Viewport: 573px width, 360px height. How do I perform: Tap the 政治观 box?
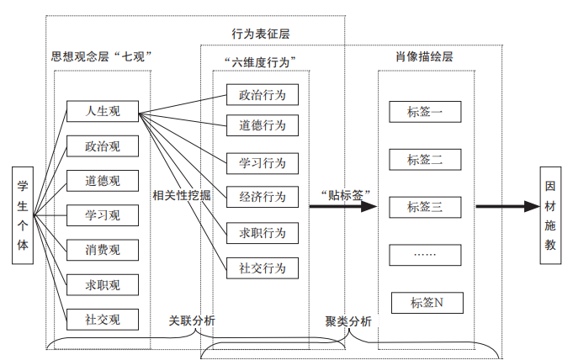[x=103, y=146]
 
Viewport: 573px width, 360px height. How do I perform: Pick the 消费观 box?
[x=103, y=250]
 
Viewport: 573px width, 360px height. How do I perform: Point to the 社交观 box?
[x=103, y=320]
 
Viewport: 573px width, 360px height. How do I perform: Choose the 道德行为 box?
[x=262, y=125]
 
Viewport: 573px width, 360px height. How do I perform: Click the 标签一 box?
[x=425, y=112]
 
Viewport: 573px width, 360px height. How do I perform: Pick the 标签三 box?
[x=425, y=206]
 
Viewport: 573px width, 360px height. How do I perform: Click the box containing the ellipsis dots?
[x=425, y=254]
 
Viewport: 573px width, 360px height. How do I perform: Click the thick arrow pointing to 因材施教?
[x=506, y=206]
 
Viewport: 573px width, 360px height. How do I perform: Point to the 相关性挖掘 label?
[x=182, y=196]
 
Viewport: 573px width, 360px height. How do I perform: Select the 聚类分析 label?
[x=348, y=320]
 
